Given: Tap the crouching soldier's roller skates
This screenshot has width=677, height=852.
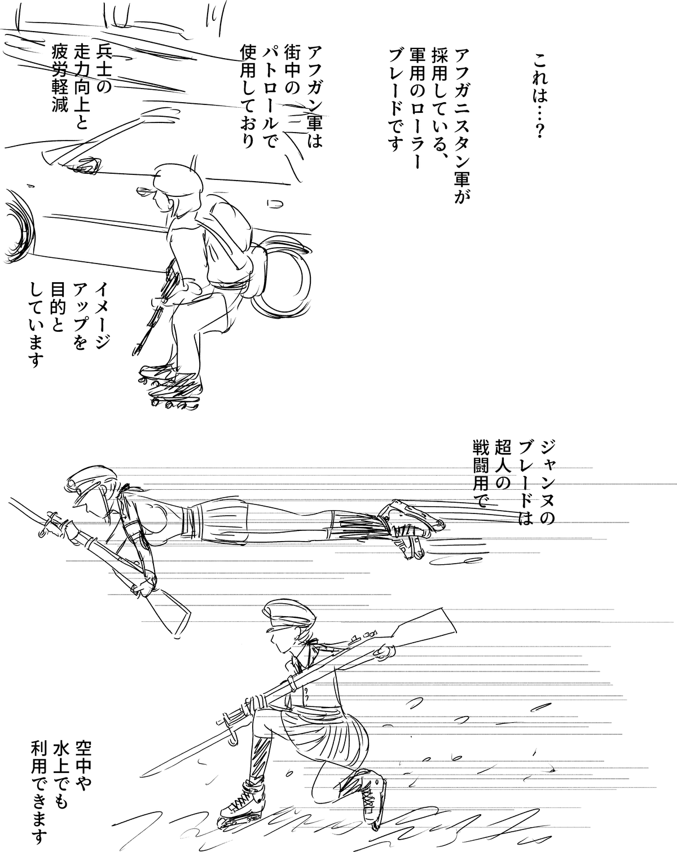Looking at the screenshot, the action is point(170,386).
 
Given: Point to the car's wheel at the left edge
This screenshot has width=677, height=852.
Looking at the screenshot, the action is point(18,226).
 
